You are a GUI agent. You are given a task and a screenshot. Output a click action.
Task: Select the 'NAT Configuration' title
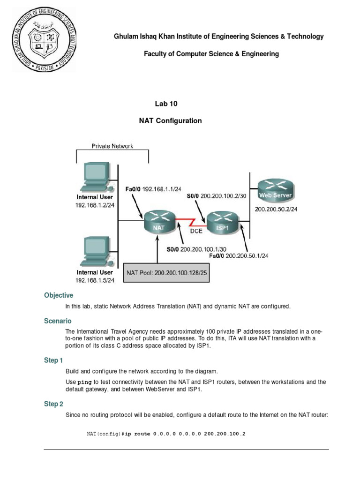pos(170,120)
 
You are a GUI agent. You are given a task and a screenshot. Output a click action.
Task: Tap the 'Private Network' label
pos(112,146)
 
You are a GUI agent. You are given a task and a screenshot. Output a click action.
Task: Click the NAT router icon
pos(160,221)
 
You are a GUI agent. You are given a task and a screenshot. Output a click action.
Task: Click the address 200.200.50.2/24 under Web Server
pos(276,210)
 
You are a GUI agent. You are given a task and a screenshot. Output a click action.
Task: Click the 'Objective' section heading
pos(59,295)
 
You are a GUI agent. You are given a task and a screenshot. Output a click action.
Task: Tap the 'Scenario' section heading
pos(58,321)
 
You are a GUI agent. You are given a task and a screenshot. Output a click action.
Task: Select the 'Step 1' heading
pos(53,360)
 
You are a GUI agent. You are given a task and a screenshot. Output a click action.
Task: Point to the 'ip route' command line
pos(166,434)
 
